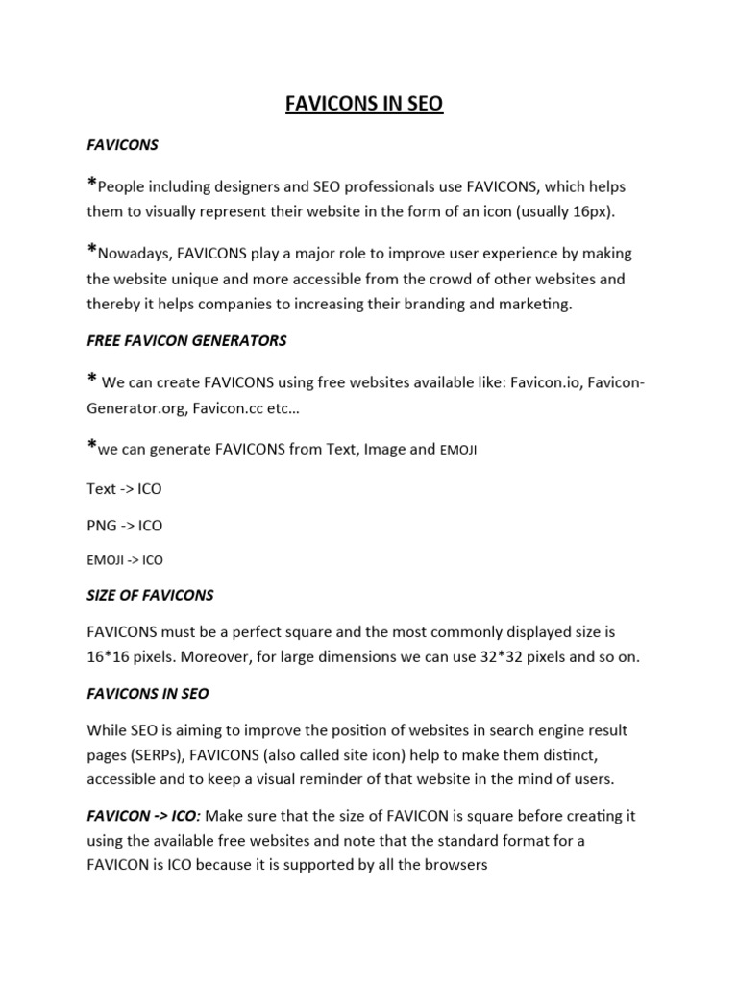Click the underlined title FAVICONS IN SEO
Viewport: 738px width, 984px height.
pyautogui.click(x=364, y=104)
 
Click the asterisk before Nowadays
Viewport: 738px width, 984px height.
pyautogui.click(x=91, y=251)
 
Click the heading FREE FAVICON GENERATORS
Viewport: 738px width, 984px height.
pyautogui.click(x=186, y=340)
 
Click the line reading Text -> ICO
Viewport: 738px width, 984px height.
pyautogui.click(x=124, y=488)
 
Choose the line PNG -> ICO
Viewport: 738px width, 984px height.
pyautogui.click(x=125, y=525)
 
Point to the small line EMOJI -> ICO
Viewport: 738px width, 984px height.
pyautogui.click(x=125, y=560)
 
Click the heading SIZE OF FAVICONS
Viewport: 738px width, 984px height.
pyautogui.click(x=150, y=595)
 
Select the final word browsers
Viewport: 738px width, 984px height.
pyautogui.click(x=455, y=864)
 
